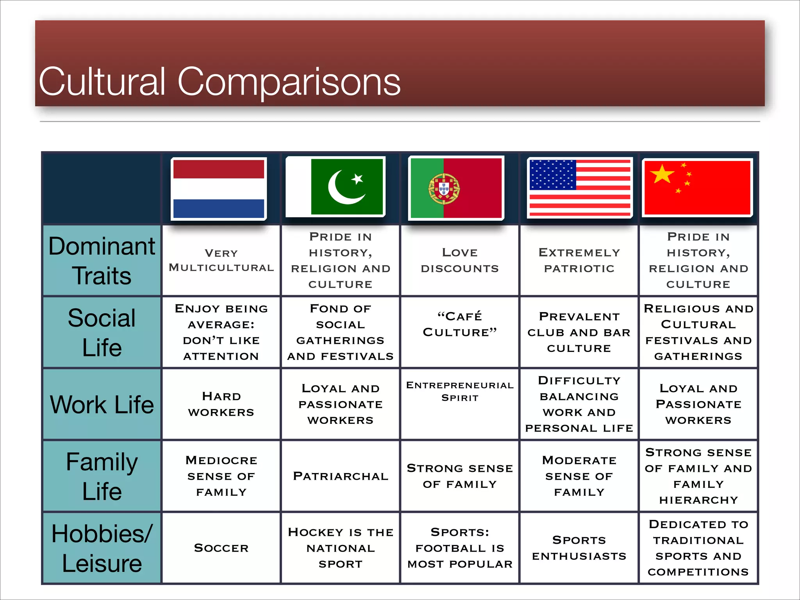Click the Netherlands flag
tap(219, 189)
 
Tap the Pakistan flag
tap(336, 187)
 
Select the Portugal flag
tap(456, 188)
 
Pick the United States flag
tap(580, 187)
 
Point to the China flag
tap(697, 187)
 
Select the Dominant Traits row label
tap(102, 261)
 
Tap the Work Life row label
tap(102, 404)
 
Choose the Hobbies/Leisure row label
tap(102, 548)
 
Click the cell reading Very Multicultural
tap(221, 261)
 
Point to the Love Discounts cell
tap(460, 261)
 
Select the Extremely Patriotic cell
tap(579, 261)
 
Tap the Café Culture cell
tap(460, 325)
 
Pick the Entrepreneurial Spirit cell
tap(460, 391)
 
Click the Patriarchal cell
tap(340, 476)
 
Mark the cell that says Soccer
tap(221, 548)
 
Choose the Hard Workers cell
tap(221, 404)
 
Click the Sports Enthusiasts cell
tap(579, 548)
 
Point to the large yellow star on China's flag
tap(662, 174)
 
